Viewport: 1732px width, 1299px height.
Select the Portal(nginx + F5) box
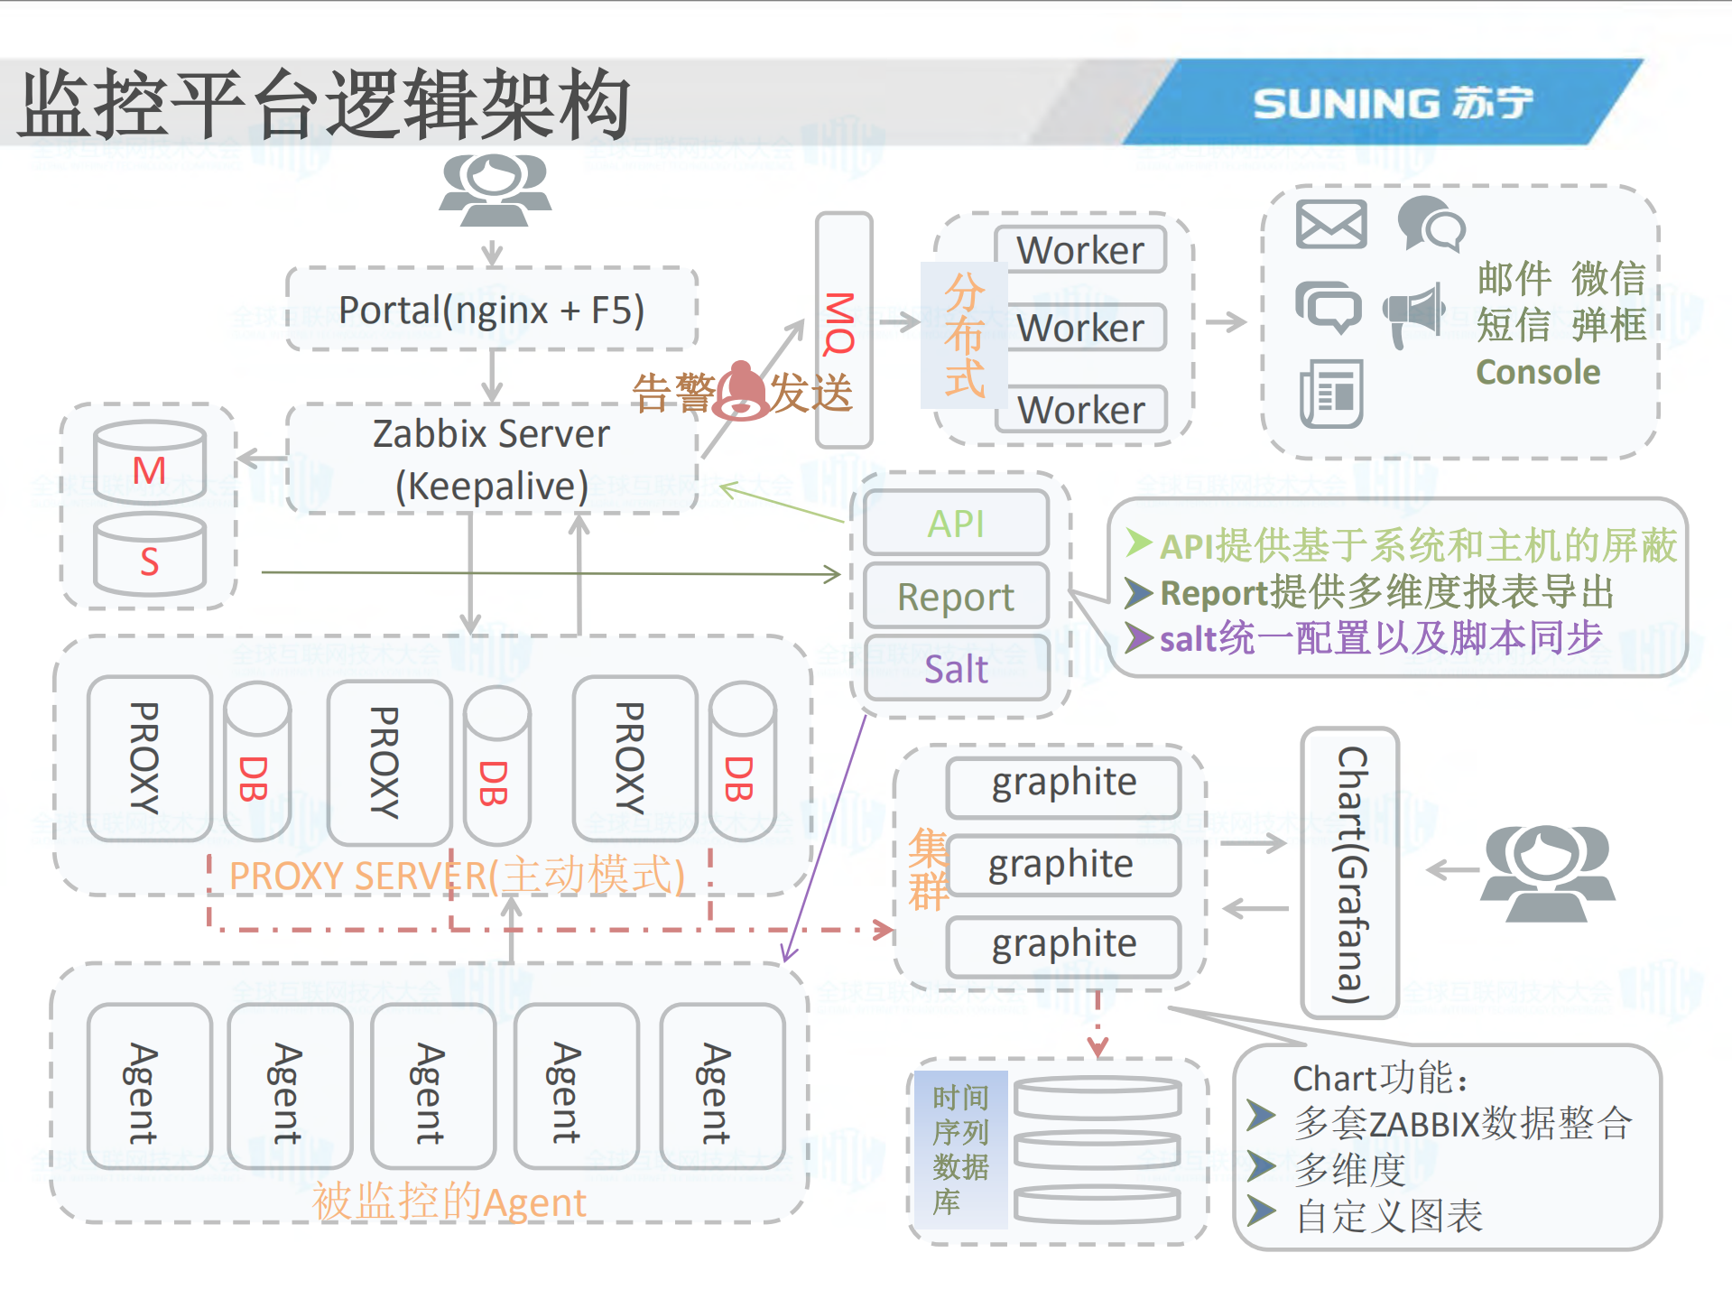(492, 310)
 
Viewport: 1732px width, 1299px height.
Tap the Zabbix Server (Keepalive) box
(492, 459)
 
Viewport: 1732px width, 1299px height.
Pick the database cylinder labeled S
(149, 555)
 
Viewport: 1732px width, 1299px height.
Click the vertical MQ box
(843, 329)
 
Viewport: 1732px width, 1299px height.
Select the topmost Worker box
(1080, 250)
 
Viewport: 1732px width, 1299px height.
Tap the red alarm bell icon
(742, 391)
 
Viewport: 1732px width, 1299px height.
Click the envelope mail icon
(1330, 224)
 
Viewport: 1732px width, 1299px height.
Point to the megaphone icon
(1414, 313)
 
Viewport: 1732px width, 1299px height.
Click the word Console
(1537, 372)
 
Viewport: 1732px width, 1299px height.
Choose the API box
(956, 524)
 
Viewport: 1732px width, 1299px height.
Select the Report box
(956, 597)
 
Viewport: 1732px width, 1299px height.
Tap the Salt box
(956, 669)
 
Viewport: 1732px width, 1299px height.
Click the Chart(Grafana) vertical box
(1350, 873)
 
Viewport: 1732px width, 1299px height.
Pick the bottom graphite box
(1063, 944)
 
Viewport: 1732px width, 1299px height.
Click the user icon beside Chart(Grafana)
(1547, 873)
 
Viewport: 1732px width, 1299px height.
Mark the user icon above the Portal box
(494, 190)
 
